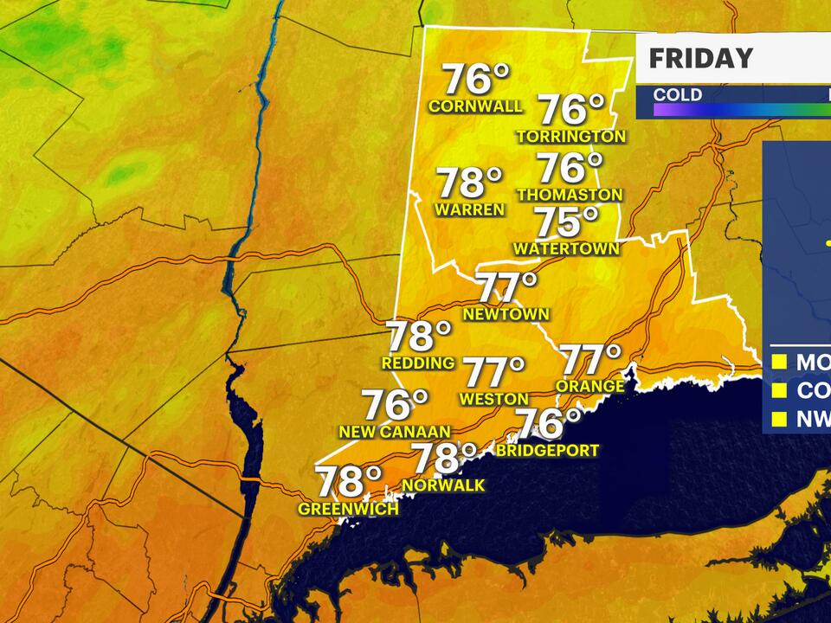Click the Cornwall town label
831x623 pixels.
tap(476, 106)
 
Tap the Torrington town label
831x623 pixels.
tap(571, 137)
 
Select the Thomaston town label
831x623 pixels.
tap(570, 196)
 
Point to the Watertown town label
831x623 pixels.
tap(566, 249)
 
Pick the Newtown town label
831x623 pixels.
tap(506, 314)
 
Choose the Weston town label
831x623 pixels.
tap(494, 399)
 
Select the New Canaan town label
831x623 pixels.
tap(396, 432)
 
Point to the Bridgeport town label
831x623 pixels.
tap(548, 451)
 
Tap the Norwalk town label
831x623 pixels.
tap(448, 486)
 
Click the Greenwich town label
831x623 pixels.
tap(348, 510)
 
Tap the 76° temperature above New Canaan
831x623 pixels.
tap(395, 404)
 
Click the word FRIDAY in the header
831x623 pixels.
tap(700, 59)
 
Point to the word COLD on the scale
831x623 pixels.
tap(677, 94)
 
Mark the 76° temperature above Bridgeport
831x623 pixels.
tap(549, 424)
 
